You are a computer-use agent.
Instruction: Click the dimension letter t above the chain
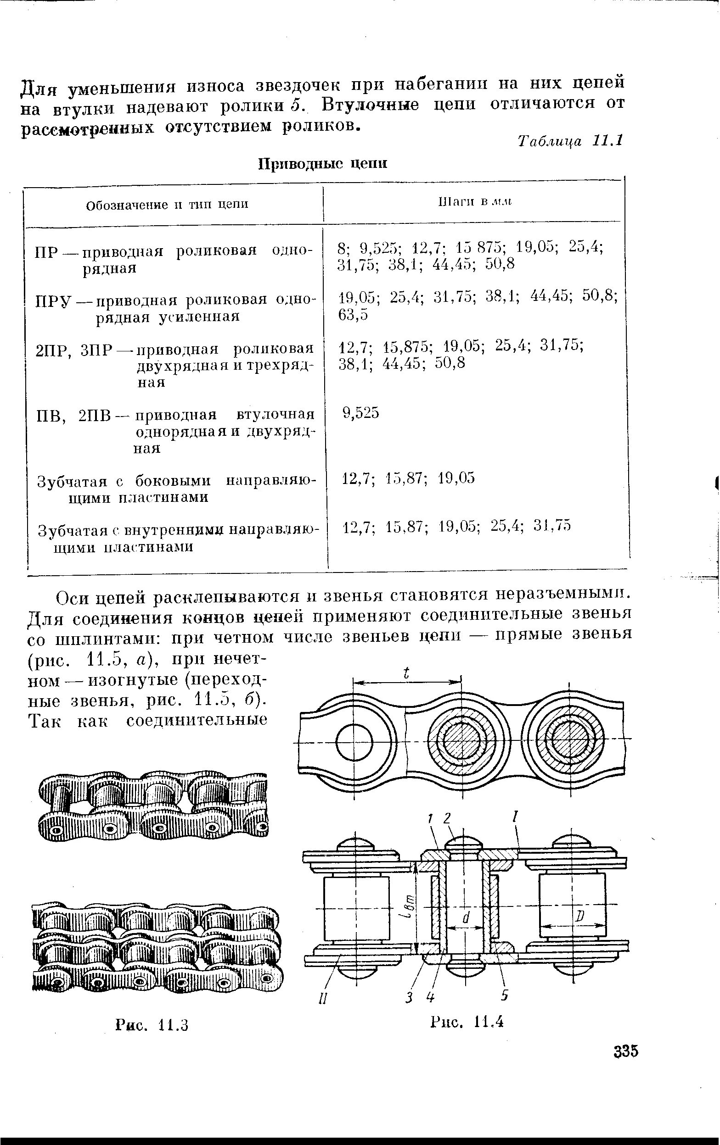point(406,673)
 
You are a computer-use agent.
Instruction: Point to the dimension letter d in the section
point(466,919)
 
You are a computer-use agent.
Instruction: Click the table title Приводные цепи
point(323,164)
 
